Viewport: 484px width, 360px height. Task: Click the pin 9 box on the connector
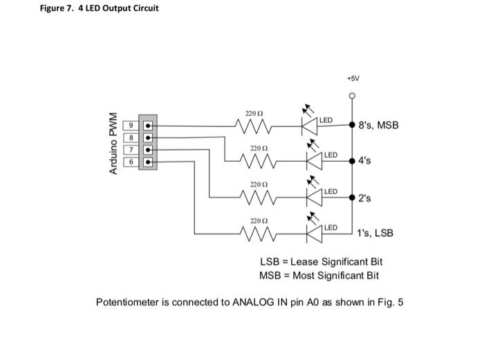click(129, 126)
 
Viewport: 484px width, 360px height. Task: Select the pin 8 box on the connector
click(129, 138)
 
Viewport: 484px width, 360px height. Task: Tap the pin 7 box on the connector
click(129, 149)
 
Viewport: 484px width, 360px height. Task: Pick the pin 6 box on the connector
click(129, 161)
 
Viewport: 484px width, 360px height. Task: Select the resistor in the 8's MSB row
click(254, 126)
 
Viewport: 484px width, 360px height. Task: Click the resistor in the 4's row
click(254, 162)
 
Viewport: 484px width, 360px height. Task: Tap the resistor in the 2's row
click(254, 198)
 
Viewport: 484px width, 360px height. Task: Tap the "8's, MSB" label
click(378, 126)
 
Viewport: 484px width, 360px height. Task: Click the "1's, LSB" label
click(375, 233)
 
